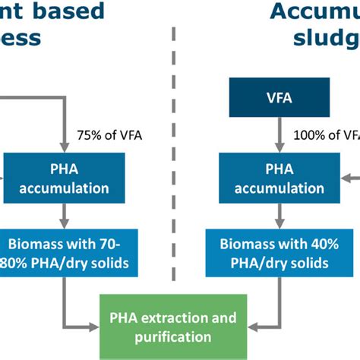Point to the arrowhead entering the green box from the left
[x=96, y=327]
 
